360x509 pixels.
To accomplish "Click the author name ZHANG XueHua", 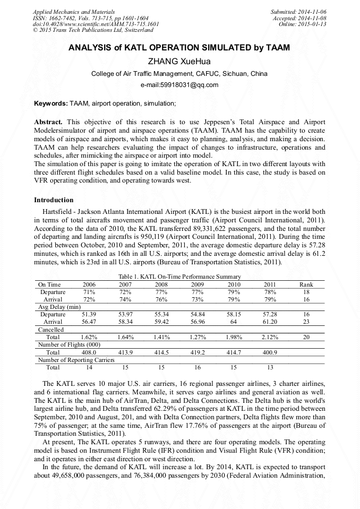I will pos(179,61).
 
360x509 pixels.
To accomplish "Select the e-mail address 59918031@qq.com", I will pos(179,85).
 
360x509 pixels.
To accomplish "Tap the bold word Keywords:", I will pos(51,102).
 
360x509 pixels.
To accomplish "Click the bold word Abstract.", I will pos(48,122).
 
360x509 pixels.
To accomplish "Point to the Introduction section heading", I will pos(54,200).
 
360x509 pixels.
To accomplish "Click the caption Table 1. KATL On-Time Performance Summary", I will pos(179,277).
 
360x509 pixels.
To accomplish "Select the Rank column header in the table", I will pos(306,284).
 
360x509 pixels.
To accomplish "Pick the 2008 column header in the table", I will pos(161,284).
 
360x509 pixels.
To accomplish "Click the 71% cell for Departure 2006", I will pos(89,292).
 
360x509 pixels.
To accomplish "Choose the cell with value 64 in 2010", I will pos(233,322).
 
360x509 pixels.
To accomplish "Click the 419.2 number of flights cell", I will pos(197,352).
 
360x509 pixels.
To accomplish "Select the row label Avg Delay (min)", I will pos(59,307).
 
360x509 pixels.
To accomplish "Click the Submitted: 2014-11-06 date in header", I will pos(298,12).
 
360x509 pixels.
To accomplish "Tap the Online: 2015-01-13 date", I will pos(302,24).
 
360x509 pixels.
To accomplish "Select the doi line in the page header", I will pos(96,24).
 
